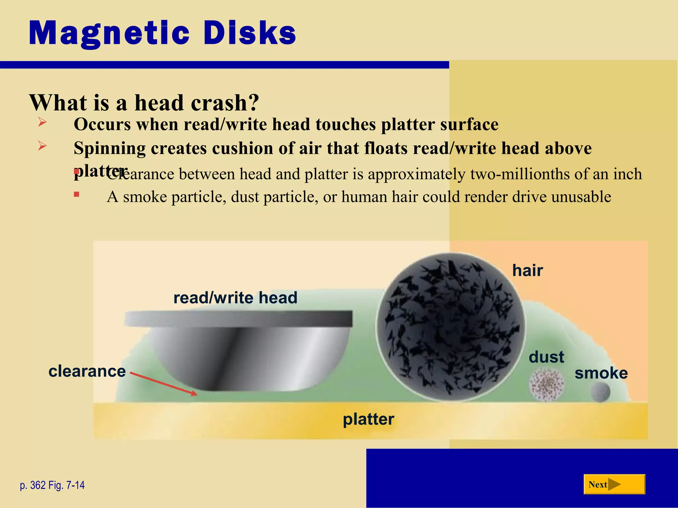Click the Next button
(614, 484)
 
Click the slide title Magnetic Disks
(162, 33)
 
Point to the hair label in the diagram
(527, 270)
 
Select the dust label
(546, 357)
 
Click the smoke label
(601, 373)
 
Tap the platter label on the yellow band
(368, 419)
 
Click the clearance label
(87, 371)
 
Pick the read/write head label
(235, 297)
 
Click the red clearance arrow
(164, 384)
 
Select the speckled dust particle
(546, 385)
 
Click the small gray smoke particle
(601, 392)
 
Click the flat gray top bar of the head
(238, 319)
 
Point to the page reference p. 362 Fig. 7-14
(52, 485)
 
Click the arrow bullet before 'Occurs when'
(42, 122)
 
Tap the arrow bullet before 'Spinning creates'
(42, 146)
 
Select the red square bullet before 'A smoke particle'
(76, 194)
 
